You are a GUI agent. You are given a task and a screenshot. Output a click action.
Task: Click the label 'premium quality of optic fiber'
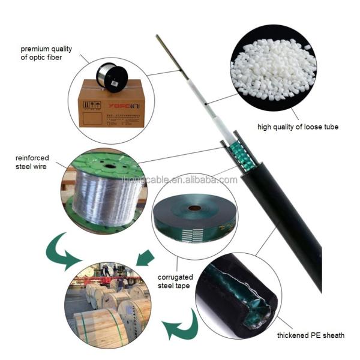click(x=46, y=53)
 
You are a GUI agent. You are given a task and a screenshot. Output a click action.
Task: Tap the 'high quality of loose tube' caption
click(x=298, y=127)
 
